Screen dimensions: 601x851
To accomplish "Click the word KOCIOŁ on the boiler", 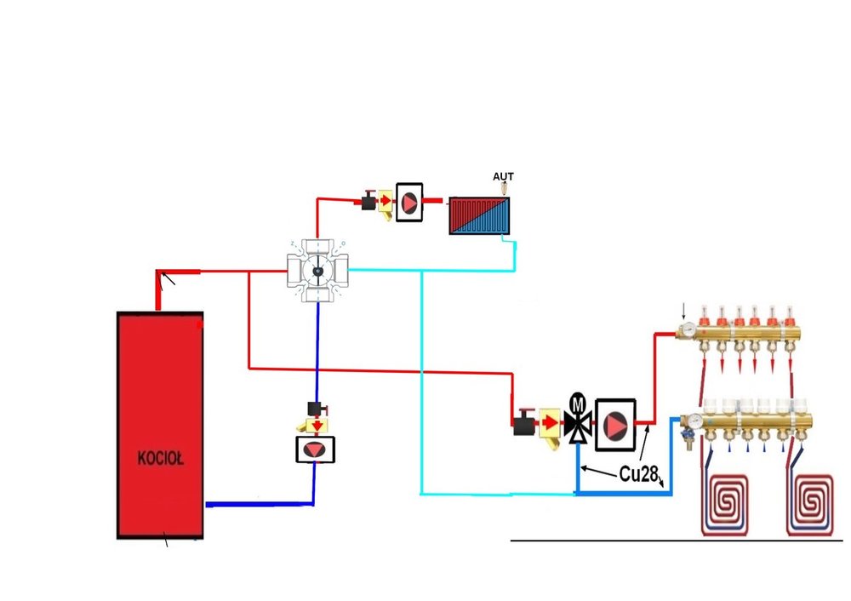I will [161, 458].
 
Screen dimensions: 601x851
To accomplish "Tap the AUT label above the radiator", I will [504, 177].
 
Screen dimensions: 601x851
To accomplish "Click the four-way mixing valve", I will [317, 271].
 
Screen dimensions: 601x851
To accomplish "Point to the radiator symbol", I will [479, 216].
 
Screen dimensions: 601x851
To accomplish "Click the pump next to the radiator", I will [410, 203].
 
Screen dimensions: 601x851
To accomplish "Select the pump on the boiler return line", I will [314, 449].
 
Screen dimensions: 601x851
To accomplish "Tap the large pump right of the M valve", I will [614, 421].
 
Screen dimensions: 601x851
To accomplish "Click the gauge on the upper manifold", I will [685, 329].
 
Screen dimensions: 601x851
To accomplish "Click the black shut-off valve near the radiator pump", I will [368, 203].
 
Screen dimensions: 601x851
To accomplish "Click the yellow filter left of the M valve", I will [549, 423].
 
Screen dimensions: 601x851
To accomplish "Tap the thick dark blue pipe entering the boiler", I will [255, 504].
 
